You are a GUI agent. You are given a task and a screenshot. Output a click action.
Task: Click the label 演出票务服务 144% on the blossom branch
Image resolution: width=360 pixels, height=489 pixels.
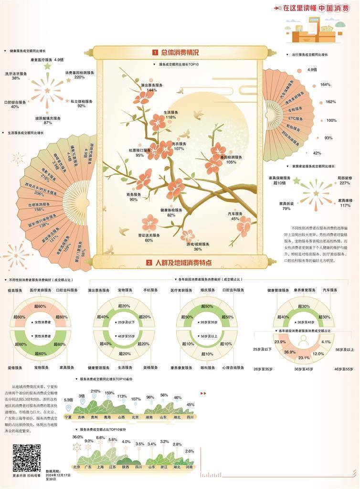(152, 87)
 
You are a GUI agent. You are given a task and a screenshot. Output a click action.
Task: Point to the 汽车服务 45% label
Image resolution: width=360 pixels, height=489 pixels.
(235, 216)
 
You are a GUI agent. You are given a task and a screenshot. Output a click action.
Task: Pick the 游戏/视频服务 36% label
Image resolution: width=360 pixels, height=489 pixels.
(197, 246)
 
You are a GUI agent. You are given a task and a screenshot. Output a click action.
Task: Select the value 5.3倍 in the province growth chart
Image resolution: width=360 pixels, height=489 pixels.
(68, 399)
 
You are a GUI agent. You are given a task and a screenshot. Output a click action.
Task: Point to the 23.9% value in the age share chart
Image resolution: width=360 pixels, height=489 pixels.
(280, 342)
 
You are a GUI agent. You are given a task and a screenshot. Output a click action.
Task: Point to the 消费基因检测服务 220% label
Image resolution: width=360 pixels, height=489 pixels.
(80, 75)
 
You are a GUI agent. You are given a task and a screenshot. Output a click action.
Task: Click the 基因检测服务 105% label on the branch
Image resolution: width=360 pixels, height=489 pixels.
(232, 159)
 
